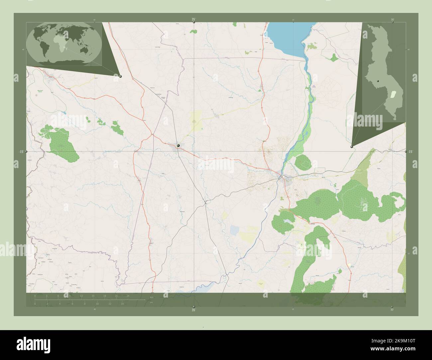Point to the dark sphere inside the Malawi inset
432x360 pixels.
[x=378, y=81]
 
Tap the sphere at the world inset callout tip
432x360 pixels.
[x=120, y=76]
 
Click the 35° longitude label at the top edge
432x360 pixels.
[x=194, y=20]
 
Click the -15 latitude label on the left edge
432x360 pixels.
[x=21, y=151]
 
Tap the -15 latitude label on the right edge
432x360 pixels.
[x=410, y=151]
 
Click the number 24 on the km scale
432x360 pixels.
[x=128, y=296]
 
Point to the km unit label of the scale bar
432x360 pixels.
[x=152, y=297]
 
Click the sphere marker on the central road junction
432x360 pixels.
[x=178, y=145]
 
